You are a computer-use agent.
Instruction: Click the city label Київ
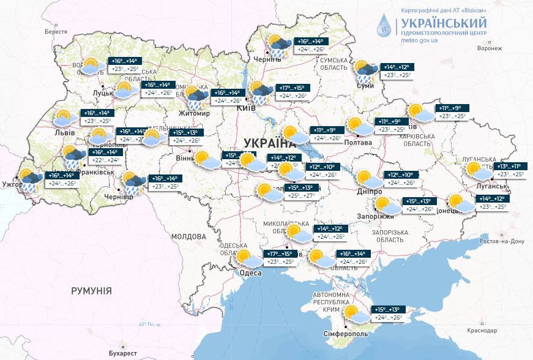[246, 108]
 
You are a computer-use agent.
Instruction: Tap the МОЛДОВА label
[188, 236]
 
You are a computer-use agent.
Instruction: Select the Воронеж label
[493, 48]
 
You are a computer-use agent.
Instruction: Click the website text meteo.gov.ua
[419, 40]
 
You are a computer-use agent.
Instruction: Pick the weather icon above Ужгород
[30, 179]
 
